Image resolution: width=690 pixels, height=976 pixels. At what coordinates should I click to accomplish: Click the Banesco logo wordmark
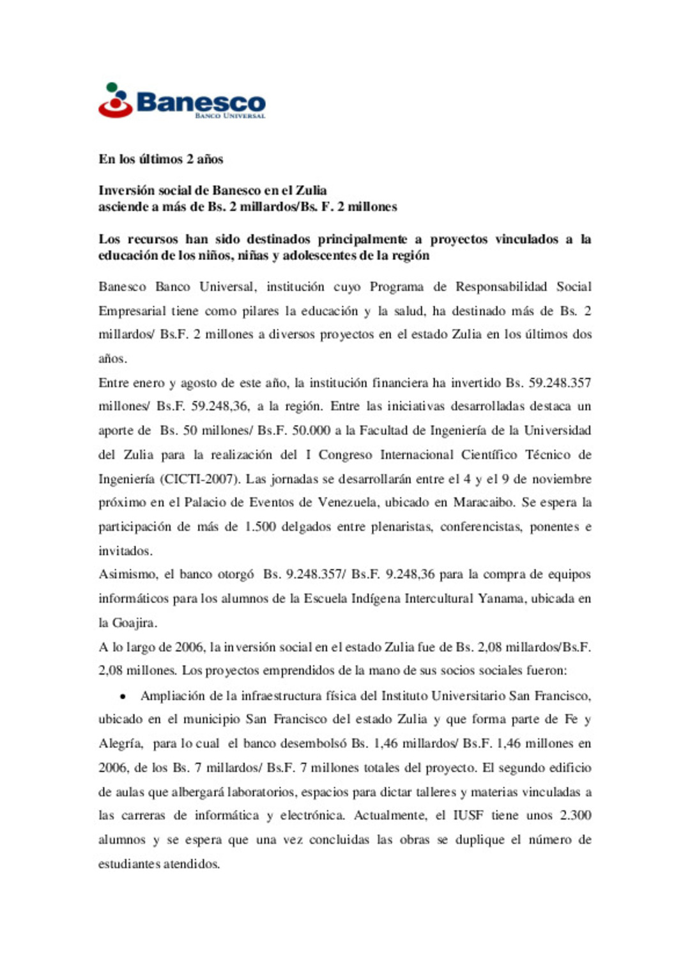coord(201,102)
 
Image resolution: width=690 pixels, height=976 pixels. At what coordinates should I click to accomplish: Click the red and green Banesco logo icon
coord(115,100)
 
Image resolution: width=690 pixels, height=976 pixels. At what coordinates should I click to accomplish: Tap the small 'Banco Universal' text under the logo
coord(230,116)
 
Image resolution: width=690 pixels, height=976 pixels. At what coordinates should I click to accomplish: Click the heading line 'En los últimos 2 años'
coord(160,159)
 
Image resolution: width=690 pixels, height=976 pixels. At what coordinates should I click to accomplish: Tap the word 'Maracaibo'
coord(484,503)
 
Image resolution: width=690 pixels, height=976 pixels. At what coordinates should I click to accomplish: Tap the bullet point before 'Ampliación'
coord(122,696)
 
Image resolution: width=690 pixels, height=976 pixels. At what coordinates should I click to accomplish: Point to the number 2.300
coord(575,816)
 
